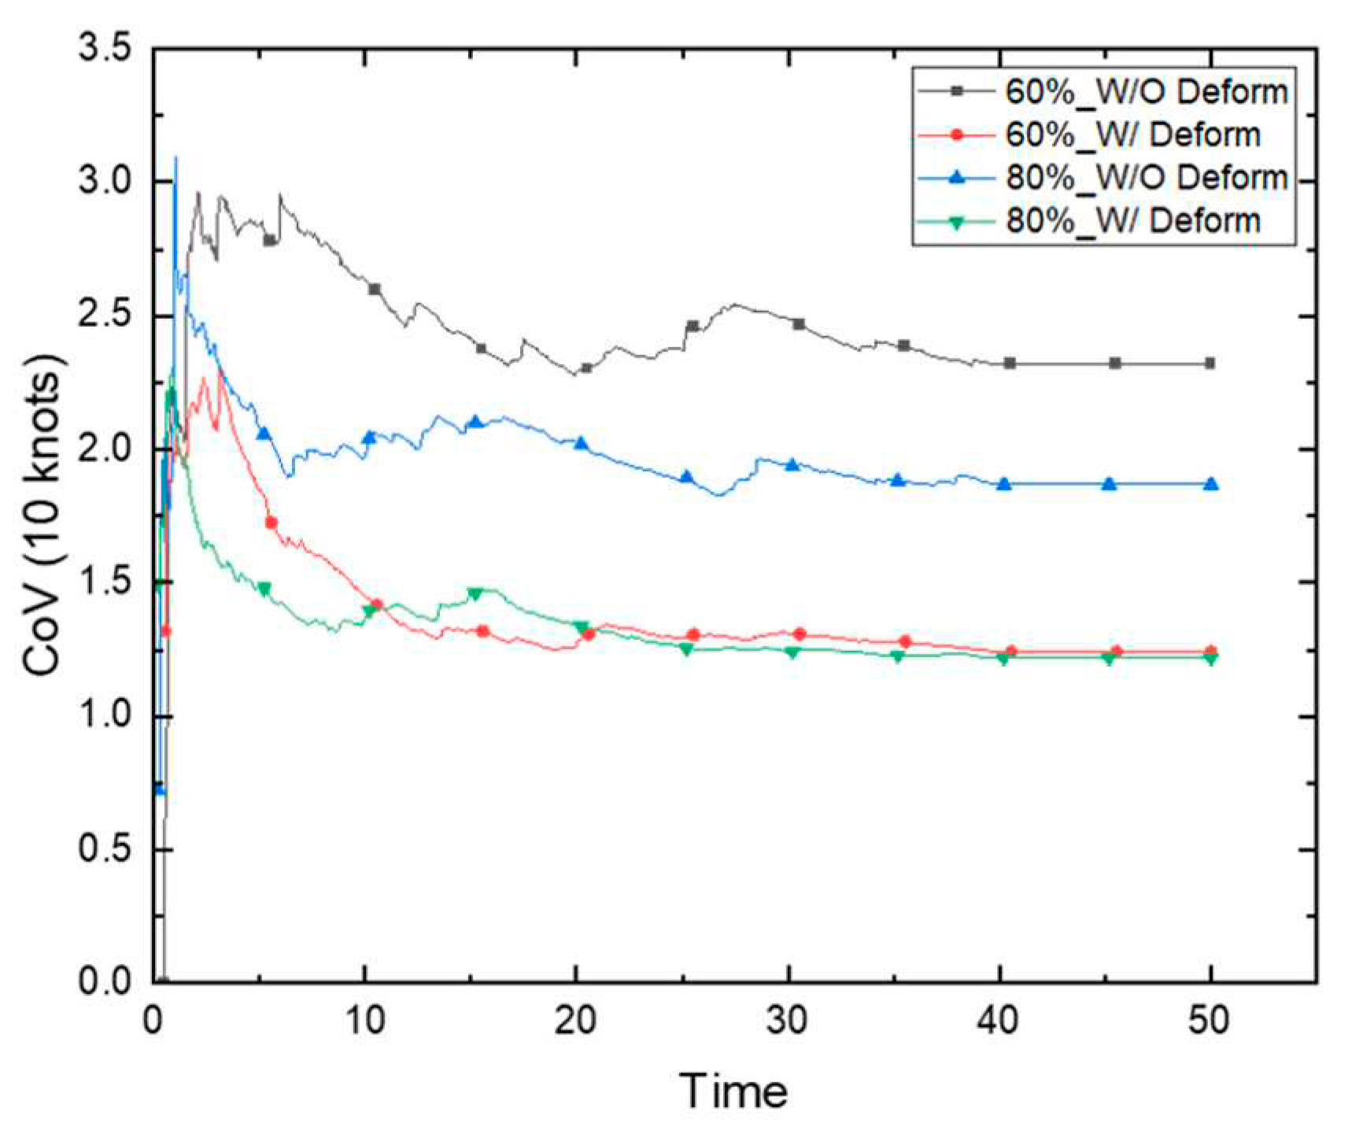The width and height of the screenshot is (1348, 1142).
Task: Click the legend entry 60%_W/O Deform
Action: coord(1146,92)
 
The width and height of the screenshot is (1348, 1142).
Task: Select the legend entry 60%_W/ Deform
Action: coord(1132,135)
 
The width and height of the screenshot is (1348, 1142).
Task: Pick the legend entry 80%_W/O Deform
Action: coord(1146,177)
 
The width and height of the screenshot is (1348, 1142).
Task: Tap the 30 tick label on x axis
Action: coord(788,1021)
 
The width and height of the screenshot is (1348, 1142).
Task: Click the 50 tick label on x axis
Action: coord(1210,1021)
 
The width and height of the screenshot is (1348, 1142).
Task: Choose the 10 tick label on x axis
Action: coord(365,1021)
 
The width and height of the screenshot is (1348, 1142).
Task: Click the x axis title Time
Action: coord(733,1091)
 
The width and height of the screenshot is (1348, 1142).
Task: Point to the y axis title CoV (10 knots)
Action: coord(43,516)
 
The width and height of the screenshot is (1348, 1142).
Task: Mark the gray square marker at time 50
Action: coord(1210,364)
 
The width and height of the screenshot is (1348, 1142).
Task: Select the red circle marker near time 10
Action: coord(376,604)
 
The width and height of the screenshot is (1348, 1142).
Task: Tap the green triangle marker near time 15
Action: coord(475,594)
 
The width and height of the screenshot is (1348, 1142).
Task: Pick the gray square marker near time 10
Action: coord(375,289)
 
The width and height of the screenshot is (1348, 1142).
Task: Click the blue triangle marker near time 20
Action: coord(582,444)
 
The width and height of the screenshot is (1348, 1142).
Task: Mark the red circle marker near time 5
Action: coord(271,523)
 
